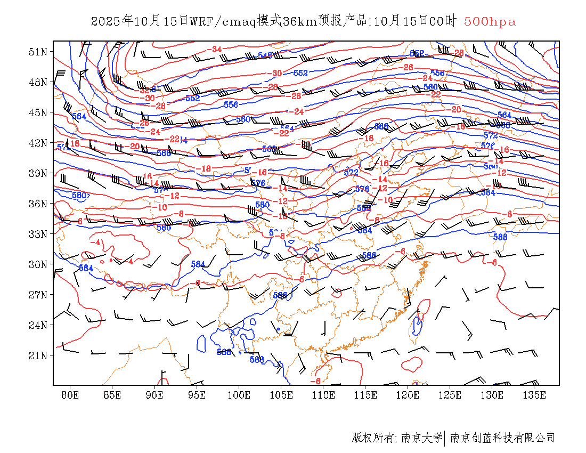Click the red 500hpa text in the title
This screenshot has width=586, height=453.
[490, 22]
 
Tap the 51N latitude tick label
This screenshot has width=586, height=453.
[38, 52]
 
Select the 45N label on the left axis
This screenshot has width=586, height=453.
[38, 112]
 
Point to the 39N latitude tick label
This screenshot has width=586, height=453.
[38, 173]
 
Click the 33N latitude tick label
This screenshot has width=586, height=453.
[38, 234]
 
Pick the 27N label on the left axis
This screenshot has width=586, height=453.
[38, 295]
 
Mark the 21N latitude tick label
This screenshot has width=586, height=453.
[38, 355]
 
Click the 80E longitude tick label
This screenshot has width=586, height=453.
[70, 395]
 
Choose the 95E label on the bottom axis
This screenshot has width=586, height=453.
[197, 395]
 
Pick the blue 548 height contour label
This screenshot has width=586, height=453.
[265, 55]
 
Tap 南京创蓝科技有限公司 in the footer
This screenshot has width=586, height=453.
[503, 438]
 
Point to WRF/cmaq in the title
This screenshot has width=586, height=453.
[223, 22]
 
